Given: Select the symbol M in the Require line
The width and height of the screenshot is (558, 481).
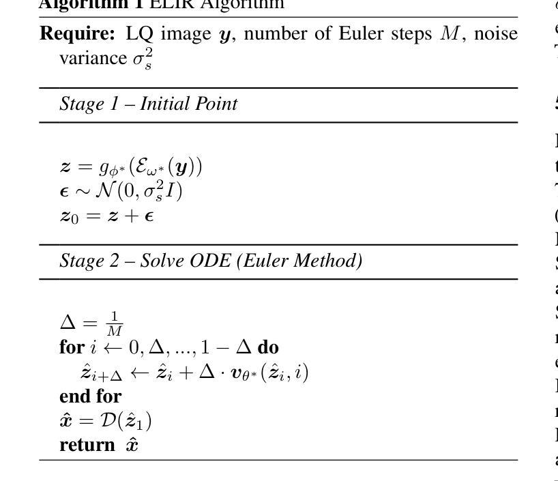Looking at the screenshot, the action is click(451, 33).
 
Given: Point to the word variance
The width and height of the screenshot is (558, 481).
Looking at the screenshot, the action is click(93, 58).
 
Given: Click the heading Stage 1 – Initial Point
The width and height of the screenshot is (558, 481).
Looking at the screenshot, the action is click(149, 104).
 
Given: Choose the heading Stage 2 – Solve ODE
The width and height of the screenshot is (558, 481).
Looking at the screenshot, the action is click(211, 261).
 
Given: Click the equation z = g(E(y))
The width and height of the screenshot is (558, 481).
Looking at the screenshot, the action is click(131, 167).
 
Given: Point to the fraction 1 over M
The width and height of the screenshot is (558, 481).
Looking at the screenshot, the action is click(115, 324).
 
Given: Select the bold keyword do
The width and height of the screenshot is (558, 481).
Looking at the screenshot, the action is click(268, 347).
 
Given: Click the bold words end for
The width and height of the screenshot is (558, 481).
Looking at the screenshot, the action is click(91, 396).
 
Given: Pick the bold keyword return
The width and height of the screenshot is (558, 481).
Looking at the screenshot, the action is click(87, 445).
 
